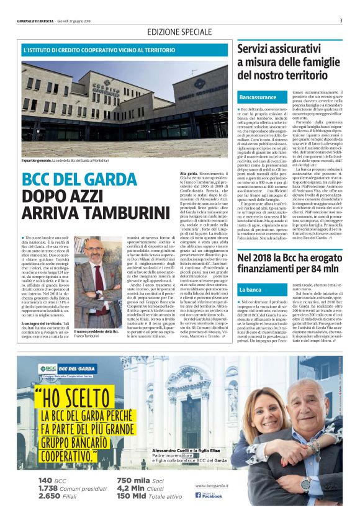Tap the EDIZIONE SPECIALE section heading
pos(179,32)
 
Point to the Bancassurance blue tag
pos(257,98)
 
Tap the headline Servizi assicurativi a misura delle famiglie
pos(289,61)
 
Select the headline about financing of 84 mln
pos(289,262)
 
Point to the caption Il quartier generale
pos(39,160)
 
